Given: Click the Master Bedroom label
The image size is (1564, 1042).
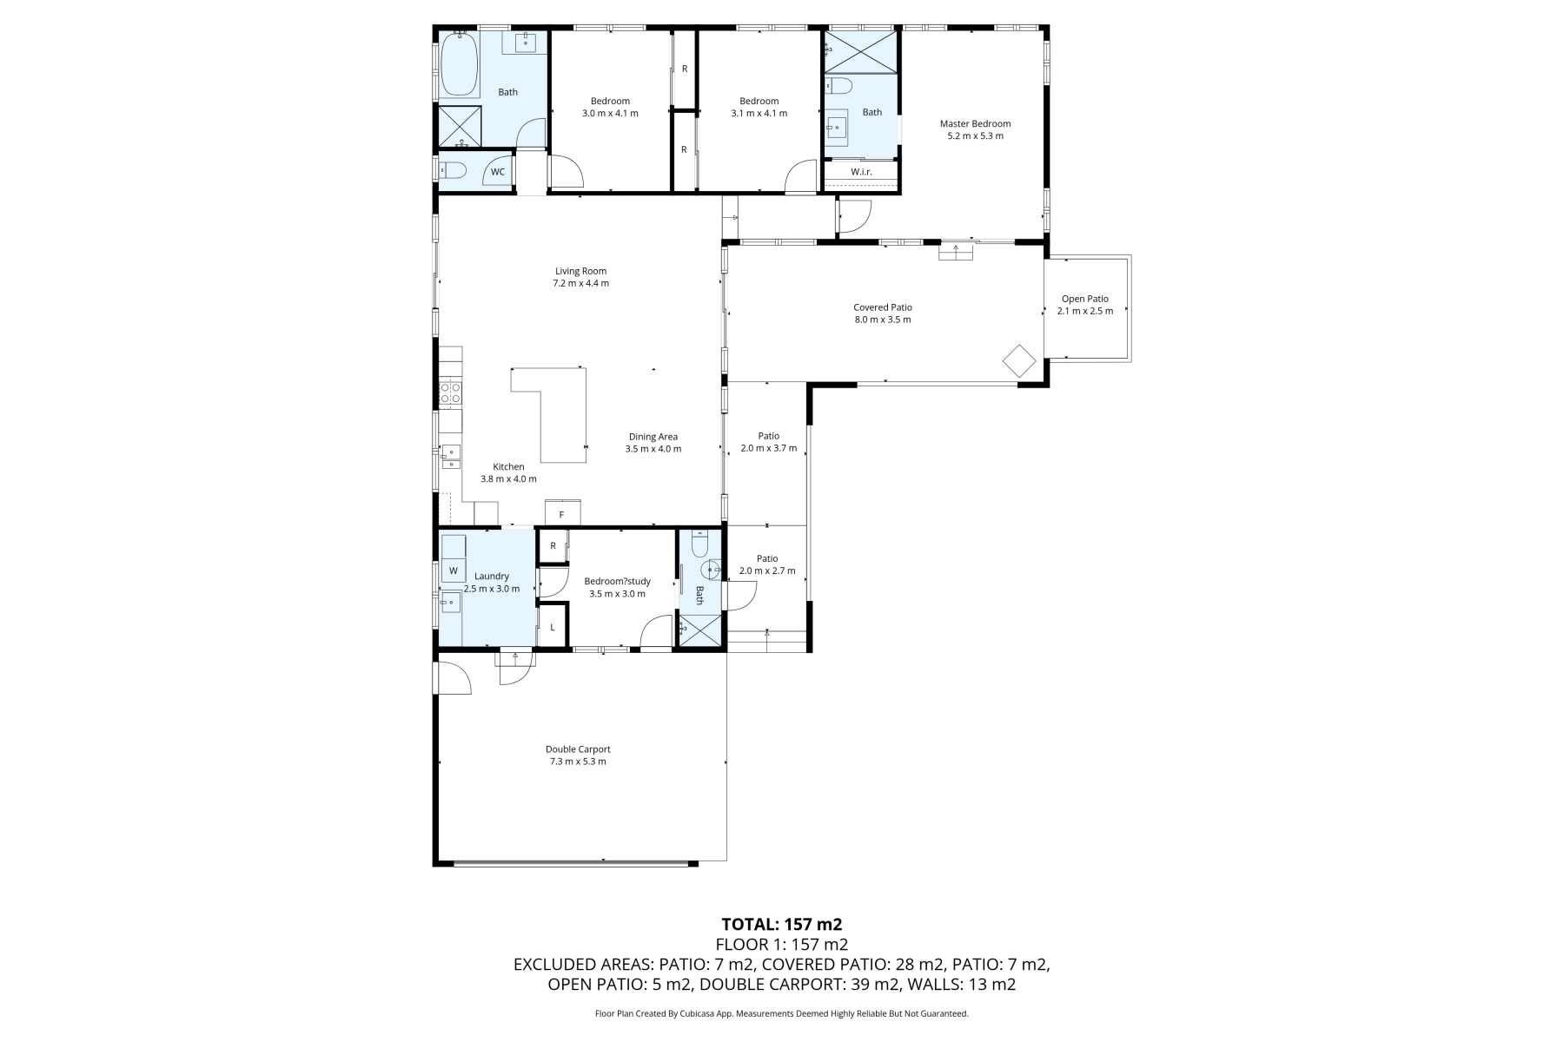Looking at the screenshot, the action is pos(975,123).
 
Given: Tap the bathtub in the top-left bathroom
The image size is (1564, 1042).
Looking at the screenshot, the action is pos(459,65).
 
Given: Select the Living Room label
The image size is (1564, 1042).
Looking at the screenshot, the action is pos(580,271).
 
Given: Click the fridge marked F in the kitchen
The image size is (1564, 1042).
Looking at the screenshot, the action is pos(562,513).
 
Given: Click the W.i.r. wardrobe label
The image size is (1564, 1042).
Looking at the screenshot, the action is pos(861,172).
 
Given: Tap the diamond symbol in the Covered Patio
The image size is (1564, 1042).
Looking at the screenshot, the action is pos(1019,360).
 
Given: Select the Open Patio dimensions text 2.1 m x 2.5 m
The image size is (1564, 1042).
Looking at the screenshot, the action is pos(1085,311).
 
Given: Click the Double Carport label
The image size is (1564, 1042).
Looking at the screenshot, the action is pos(578,749).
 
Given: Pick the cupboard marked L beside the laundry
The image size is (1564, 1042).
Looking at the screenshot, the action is pos(553,627).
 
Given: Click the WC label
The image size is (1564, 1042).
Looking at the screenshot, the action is pos(498,172).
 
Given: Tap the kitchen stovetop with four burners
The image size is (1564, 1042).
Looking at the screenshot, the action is pos(450,393).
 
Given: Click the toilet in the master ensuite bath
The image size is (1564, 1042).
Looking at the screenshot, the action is pos(839,85).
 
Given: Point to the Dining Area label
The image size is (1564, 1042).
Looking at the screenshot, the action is pos(653,437).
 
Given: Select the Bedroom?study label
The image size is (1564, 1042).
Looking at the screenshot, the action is pos(617,582).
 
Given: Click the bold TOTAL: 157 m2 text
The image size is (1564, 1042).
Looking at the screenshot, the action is pos(782,924).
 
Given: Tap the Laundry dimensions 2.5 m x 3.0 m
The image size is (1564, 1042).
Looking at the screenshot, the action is pos(492,589).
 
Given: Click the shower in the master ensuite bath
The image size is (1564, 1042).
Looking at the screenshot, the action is pos(859,51).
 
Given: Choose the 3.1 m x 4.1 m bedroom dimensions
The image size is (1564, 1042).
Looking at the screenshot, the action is pos(759,113).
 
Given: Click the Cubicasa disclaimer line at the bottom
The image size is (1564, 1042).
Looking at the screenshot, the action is pos(782,1013).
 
